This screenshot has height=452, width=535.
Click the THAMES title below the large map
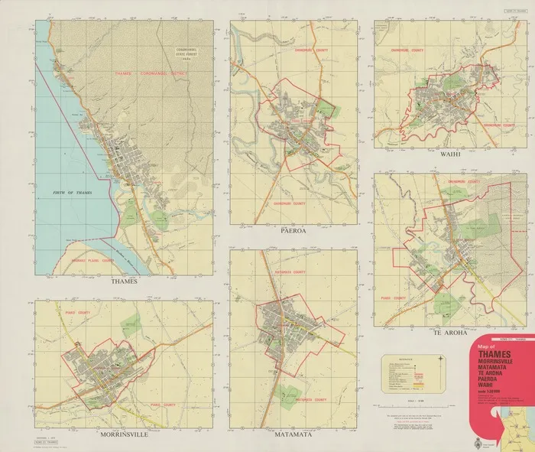(x=122, y=281)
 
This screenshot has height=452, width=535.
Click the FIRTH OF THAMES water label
(x=69, y=193)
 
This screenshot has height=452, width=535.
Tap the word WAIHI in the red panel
(x=491, y=387)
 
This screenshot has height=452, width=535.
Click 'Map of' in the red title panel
(x=487, y=345)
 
